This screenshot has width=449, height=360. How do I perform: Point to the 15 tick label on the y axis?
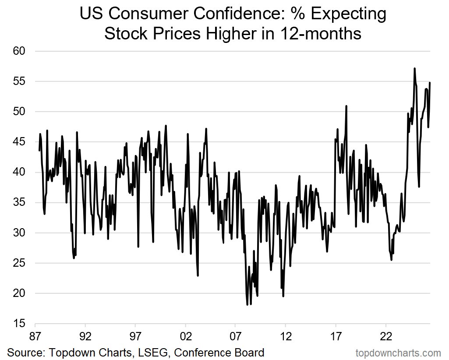tap(19, 324)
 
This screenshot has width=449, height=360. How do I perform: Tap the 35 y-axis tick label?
tap(19, 202)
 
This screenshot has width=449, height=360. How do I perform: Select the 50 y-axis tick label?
tap(19, 112)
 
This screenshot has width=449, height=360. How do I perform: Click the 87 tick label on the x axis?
tap(35, 336)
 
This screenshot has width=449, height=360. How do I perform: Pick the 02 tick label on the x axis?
tap(186, 336)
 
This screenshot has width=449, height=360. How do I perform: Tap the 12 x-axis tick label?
tap(286, 336)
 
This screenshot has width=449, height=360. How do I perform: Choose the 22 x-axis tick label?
tap(386, 336)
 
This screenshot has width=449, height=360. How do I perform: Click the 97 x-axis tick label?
tap(135, 336)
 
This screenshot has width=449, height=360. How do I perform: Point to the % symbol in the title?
tap(298, 14)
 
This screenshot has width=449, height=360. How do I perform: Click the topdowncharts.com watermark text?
tap(398, 353)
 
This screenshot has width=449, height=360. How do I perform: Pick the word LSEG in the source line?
tap(150, 352)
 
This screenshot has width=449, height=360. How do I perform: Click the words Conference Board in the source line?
tap(219, 352)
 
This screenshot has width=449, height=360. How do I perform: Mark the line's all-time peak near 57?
tap(415, 68)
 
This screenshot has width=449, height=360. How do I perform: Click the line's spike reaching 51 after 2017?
tap(346, 106)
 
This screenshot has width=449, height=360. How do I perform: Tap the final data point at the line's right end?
tap(430, 82)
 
